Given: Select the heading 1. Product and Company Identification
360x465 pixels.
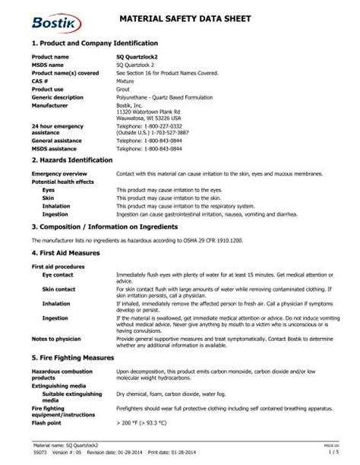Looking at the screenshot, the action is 95,44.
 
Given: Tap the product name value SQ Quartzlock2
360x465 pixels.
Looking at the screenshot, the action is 139,57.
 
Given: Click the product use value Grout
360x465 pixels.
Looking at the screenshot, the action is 124,87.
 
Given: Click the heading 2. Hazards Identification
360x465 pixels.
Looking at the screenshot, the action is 72,160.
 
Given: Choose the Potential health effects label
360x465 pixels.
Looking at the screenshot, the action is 63,182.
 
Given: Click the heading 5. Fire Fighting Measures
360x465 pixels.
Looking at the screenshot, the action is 74,356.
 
